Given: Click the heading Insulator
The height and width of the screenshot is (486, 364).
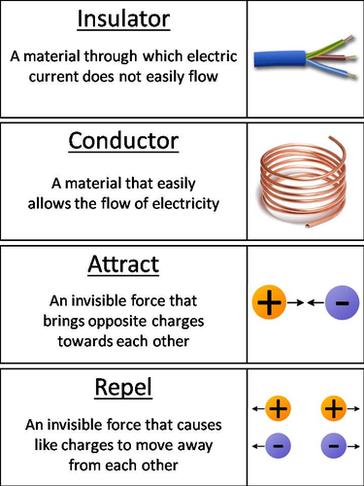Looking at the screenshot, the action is pyautogui.click(x=124, y=20).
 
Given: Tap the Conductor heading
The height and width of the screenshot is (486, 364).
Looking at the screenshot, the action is pyautogui.click(x=124, y=142).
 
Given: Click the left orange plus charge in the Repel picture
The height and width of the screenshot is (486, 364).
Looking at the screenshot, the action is pyautogui.click(x=278, y=408).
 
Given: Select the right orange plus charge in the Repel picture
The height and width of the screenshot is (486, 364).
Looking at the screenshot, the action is pyautogui.click(x=333, y=408).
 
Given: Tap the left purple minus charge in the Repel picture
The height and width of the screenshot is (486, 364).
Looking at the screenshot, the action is pyautogui.click(x=278, y=446).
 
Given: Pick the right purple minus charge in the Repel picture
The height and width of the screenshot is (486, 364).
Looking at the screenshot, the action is pyautogui.click(x=333, y=446).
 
